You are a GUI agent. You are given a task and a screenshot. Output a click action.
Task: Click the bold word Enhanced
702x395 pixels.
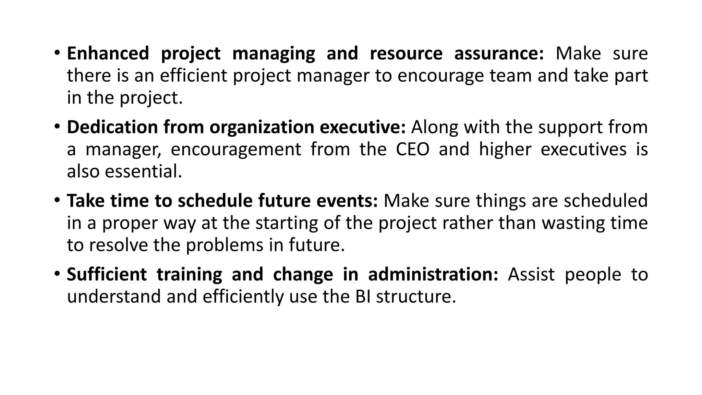point(108,54)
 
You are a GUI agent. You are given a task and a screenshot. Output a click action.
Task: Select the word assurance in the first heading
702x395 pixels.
point(499,54)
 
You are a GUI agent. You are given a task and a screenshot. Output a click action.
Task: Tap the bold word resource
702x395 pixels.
point(406,54)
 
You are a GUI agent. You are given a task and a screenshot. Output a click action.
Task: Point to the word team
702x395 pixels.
point(511,76)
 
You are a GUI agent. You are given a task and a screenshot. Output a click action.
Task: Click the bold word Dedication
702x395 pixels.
point(112,127)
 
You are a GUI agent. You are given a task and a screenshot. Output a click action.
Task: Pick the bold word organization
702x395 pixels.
point(262,127)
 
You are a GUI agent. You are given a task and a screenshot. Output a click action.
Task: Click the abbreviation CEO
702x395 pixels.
point(412,149)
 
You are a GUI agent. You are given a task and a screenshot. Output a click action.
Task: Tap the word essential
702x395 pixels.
point(143,171)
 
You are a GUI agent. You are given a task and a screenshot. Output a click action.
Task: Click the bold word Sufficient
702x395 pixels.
point(107,275)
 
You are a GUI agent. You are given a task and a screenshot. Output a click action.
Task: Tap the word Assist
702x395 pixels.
point(531,275)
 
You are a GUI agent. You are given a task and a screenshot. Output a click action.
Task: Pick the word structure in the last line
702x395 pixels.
point(416,297)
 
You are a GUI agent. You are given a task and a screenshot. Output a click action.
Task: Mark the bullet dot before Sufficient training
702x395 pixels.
point(57,273)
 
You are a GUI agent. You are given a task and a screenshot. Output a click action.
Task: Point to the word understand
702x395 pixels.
point(114,297)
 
